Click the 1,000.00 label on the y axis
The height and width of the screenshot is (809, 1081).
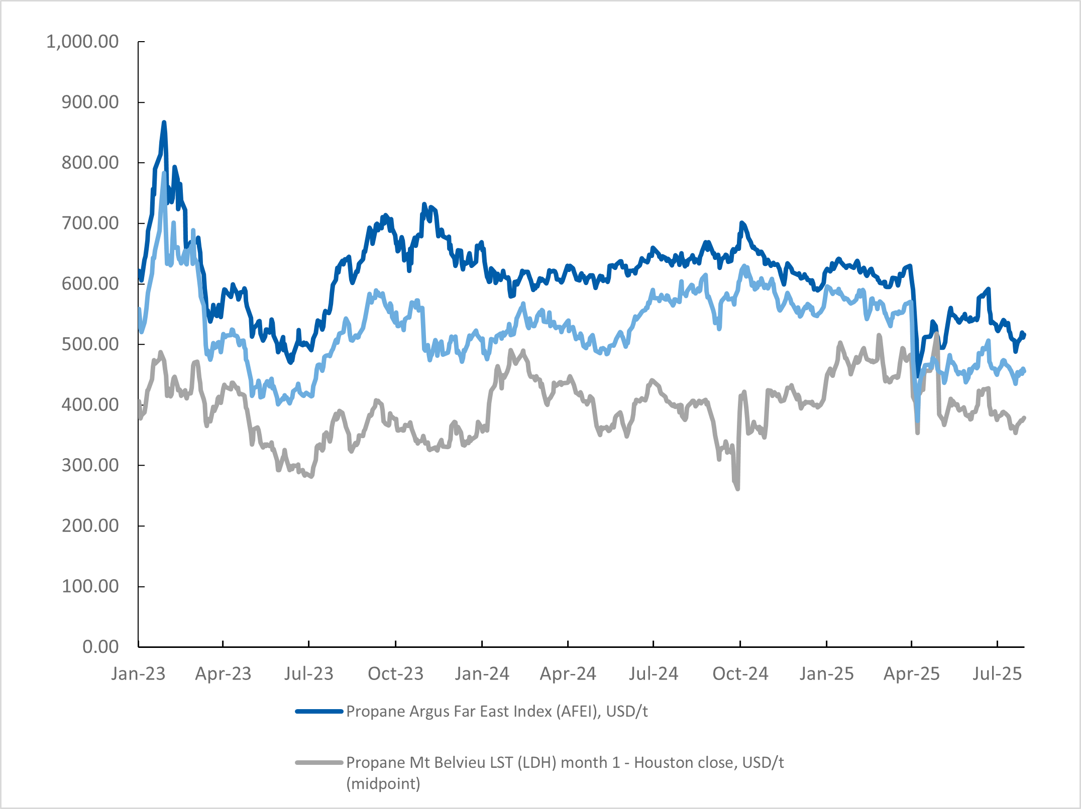(x=82, y=42)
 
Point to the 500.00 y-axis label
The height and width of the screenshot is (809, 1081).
(x=90, y=344)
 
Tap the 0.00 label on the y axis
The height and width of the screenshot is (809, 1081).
(x=100, y=646)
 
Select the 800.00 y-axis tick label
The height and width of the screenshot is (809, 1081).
(x=90, y=163)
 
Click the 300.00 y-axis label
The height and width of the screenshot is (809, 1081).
(x=90, y=465)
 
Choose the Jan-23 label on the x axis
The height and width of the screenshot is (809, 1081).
(x=138, y=673)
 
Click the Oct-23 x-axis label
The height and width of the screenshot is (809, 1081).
(x=396, y=673)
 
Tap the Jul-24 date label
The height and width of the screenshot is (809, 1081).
(x=654, y=673)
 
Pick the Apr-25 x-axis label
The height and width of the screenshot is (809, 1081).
(x=912, y=673)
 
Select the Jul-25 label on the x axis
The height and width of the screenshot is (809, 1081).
(x=997, y=673)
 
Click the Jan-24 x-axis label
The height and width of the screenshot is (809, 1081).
(x=482, y=673)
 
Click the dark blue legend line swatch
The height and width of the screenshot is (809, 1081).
(x=319, y=712)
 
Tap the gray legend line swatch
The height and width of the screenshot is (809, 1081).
(x=319, y=763)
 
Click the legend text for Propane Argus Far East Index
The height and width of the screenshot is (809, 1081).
(x=497, y=712)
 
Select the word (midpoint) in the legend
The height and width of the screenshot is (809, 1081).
(x=383, y=783)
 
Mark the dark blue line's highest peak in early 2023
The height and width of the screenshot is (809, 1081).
(x=164, y=122)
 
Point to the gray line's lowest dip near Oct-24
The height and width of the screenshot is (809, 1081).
(x=737, y=488)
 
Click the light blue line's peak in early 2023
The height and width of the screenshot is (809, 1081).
(x=164, y=174)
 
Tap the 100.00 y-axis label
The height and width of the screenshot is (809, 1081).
(x=90, y=586)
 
